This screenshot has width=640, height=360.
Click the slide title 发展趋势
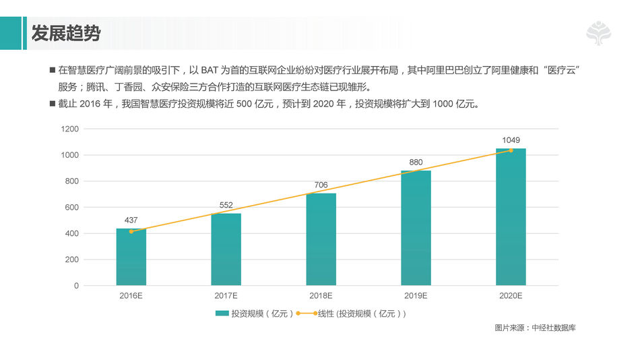[x=65, y=32]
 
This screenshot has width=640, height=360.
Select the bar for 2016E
[x=131, y=257]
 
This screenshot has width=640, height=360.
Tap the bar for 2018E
[x=321, y=239]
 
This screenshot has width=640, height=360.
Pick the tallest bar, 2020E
[x=511, y=217]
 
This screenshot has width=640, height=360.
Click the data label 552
[x=226, y=205]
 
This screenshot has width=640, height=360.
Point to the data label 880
[x=416, y=162]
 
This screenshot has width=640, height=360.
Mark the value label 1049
[x=511, y=140]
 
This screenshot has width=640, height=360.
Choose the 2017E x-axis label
[x=226, y=297]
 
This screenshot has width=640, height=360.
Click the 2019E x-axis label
[x=416, y=297]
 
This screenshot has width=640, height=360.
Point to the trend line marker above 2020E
[x=511, y=150]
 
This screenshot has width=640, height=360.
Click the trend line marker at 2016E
[x=131, y=231]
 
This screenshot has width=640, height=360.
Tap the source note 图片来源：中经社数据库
[x=535, y=328]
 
